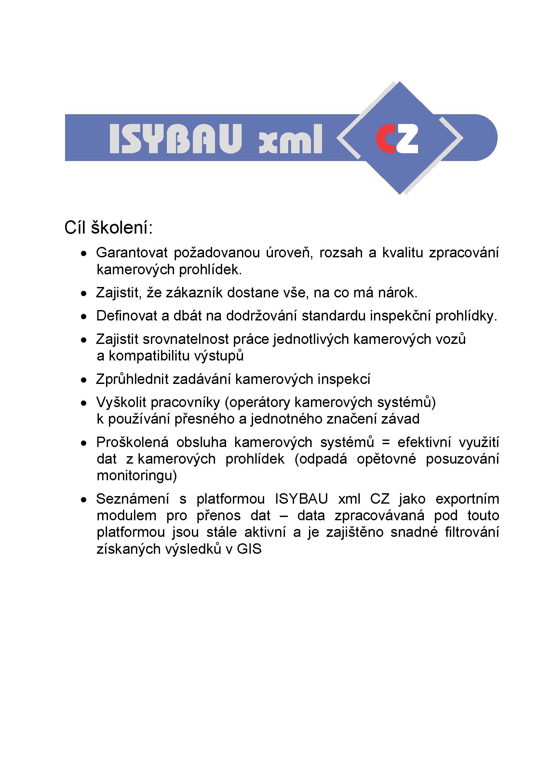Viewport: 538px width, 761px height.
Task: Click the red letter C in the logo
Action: [385, 139]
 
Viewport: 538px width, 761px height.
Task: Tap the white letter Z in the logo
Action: [407, 139]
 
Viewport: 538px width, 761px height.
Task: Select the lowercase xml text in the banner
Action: [290, 143]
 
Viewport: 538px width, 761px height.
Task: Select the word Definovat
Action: [127, 316]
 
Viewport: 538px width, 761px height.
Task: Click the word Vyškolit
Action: [121, 402]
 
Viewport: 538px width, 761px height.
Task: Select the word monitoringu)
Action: [137, 476]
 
